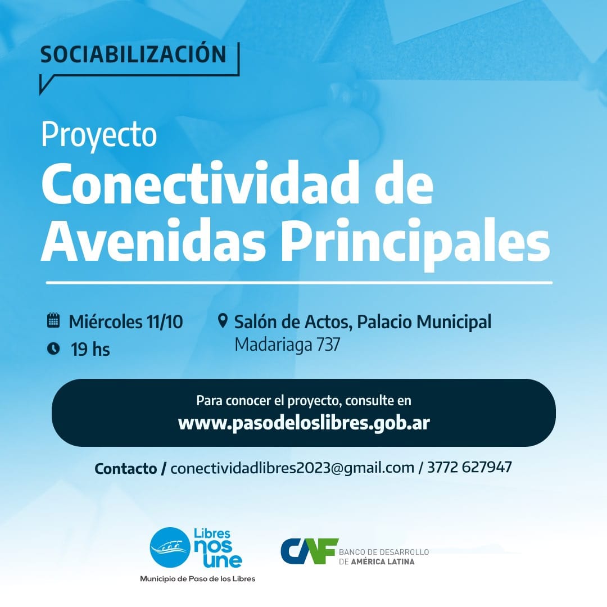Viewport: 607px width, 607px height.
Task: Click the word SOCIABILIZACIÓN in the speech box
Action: pyautogui.click(x=133, y=54)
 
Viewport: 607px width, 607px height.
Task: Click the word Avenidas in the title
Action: pyautogui.click(x=153, y=241)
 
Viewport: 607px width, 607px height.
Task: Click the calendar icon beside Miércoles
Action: pyautogui.click(x=53, y=320)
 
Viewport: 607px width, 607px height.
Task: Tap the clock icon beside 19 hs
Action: pyautogui.click(x=53, y=348)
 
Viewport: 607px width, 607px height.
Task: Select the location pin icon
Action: pyautogui.click(x=223, y=321)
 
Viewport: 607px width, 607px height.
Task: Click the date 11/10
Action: pyautogui.click(x=165, y=322)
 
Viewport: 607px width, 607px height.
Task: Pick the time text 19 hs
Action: pyautogui.click(x=90, y=349)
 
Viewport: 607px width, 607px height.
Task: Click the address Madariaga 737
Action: pyautogui.click(x=287, y=345)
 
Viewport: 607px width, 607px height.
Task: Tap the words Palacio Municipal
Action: pyautogui.click(x=424, y=322)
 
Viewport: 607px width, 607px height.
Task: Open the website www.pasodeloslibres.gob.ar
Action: pyautogui.click(x=304, y=423)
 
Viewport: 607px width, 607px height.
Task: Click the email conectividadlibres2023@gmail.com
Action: pyautogui.click(x=292, y=468)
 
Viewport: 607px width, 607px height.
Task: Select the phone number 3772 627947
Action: pyautogui.click(x=469, y=467)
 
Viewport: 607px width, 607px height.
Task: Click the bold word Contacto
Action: pyautogui.click(x=126, y=468)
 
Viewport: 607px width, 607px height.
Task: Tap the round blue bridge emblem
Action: pyautogui.click(x=170, y=547)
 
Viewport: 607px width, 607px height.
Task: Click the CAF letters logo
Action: pyautogui.click(x=309, y=551)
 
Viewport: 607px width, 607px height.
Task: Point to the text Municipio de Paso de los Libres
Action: pyautogui.click(x=197, y=579)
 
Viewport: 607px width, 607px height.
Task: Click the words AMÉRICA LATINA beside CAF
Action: pyautogui.click(x=383, y=561)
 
